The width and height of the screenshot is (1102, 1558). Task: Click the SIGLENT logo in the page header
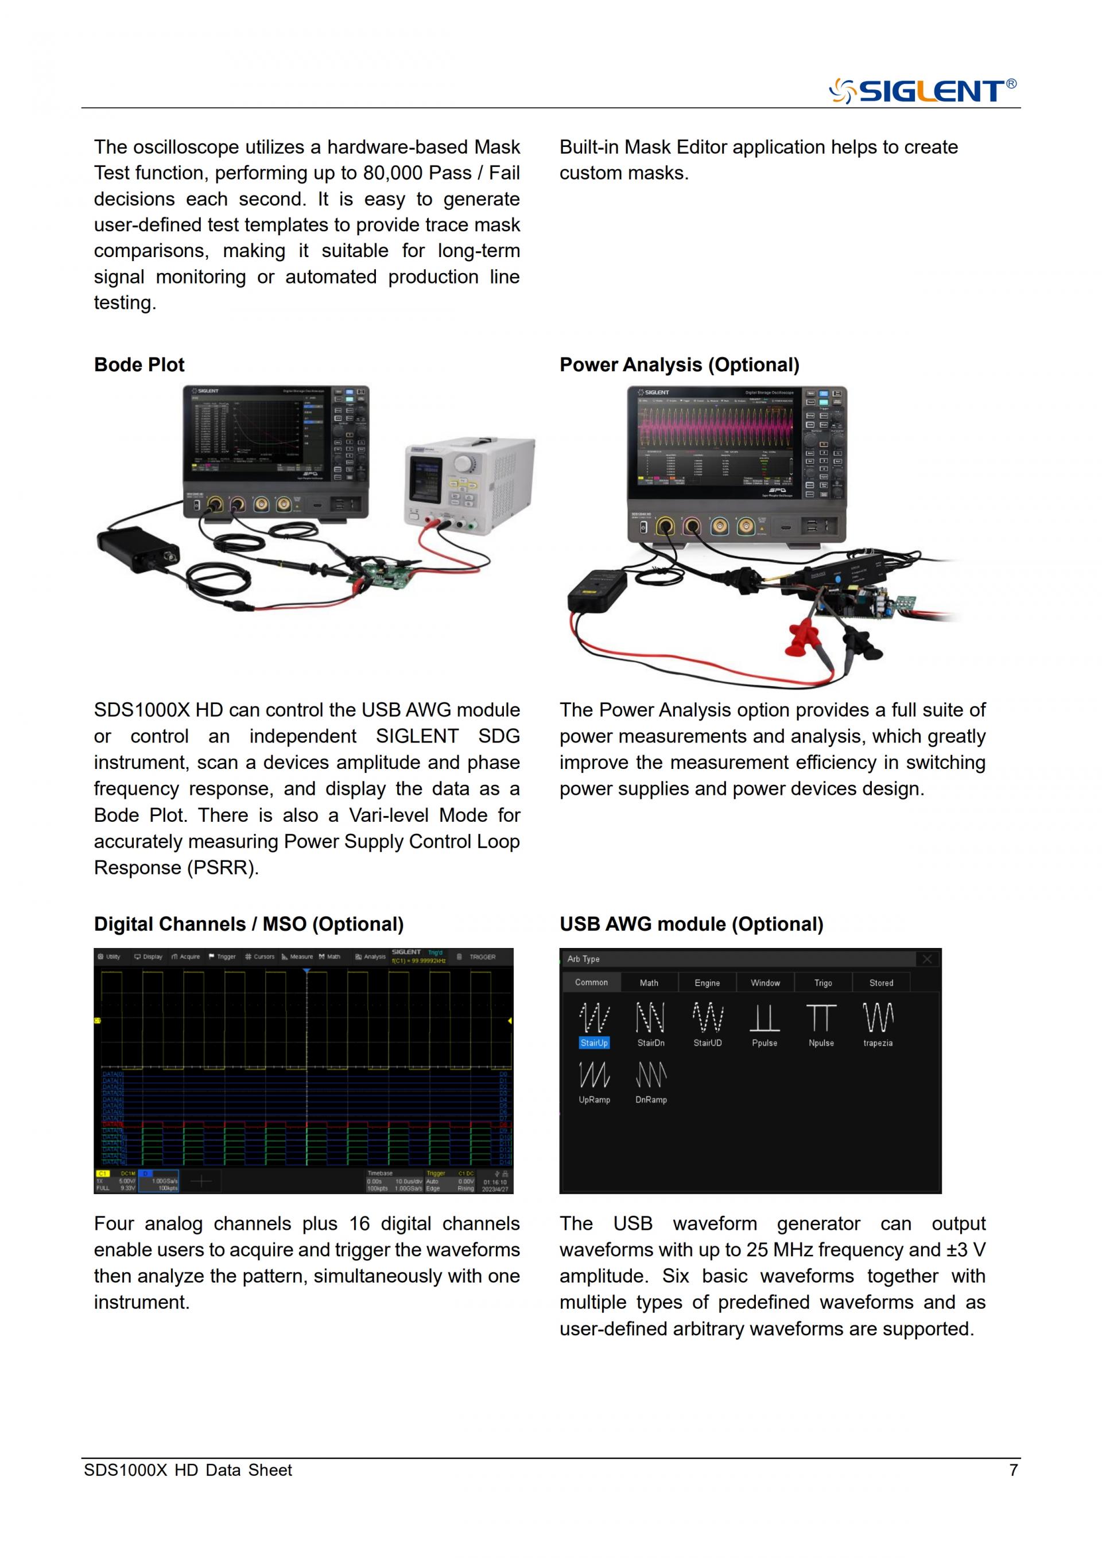[x=922, y=90]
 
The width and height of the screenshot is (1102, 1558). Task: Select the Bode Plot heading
[x=139, y=364]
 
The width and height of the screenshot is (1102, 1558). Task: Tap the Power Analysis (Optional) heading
[x=679, y=364]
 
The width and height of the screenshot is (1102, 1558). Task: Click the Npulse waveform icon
[x=821, y=1018]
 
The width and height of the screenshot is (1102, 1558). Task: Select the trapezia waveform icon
[x=878, y=1018]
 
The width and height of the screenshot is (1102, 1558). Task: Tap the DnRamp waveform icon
[x=651, y=1075]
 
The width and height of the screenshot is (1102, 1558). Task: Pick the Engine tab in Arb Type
[x=707, y=982]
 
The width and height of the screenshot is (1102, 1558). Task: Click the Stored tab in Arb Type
[x=881, y=982]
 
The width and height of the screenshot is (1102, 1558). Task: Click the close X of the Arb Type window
[x=927, y=959]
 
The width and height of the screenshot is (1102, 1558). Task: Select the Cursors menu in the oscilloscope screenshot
[x=260, y=957]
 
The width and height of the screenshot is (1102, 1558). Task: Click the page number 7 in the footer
[x=1013, y=1470]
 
